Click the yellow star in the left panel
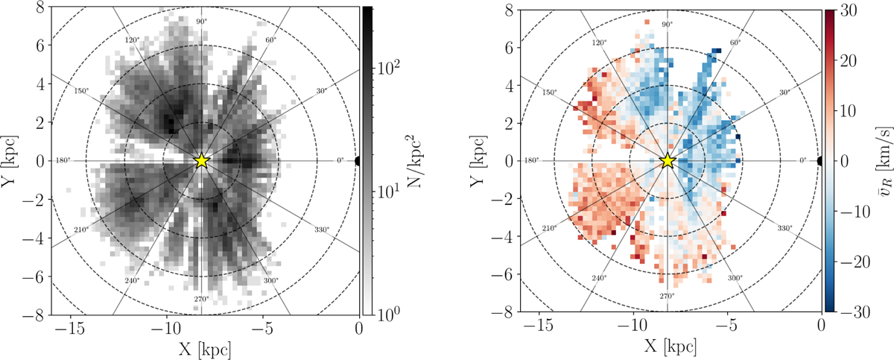click(x=201, y=160)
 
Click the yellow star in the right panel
click(x=667, y=160)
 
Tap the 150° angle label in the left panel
click(x=82, y=92)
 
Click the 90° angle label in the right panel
click(x=667, y=24)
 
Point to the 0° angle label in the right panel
click(x=803, y=160)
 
